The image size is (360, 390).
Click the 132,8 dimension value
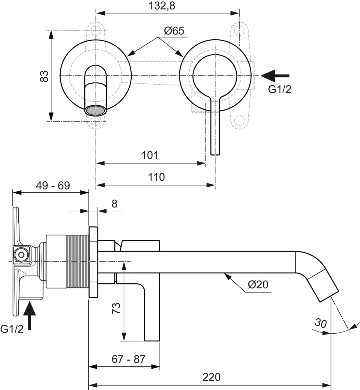point(162,6)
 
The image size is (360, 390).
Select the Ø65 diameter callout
point(174,31)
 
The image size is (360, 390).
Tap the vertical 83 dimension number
point(44,76)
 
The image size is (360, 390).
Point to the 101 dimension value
point(150,155)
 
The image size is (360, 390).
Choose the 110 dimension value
point(156,177)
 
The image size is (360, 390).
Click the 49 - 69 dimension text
point(53,186)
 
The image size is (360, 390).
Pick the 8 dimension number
point(114,204)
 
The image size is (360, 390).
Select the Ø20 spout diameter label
point(258,284)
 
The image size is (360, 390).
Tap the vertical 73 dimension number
point(116,308)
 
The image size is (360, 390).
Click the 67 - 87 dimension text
point(128,359)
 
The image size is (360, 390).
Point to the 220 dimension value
point(211,377)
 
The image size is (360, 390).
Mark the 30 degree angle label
point(321,323)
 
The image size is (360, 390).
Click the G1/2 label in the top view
point(280,89)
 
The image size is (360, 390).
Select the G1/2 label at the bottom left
point(12,329)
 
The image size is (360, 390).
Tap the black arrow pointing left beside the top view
point(275,76)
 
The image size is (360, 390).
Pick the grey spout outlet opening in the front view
point(96,110)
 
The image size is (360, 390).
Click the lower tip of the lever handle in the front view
point(215,155)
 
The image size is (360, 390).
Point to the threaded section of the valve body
point(78,262)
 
